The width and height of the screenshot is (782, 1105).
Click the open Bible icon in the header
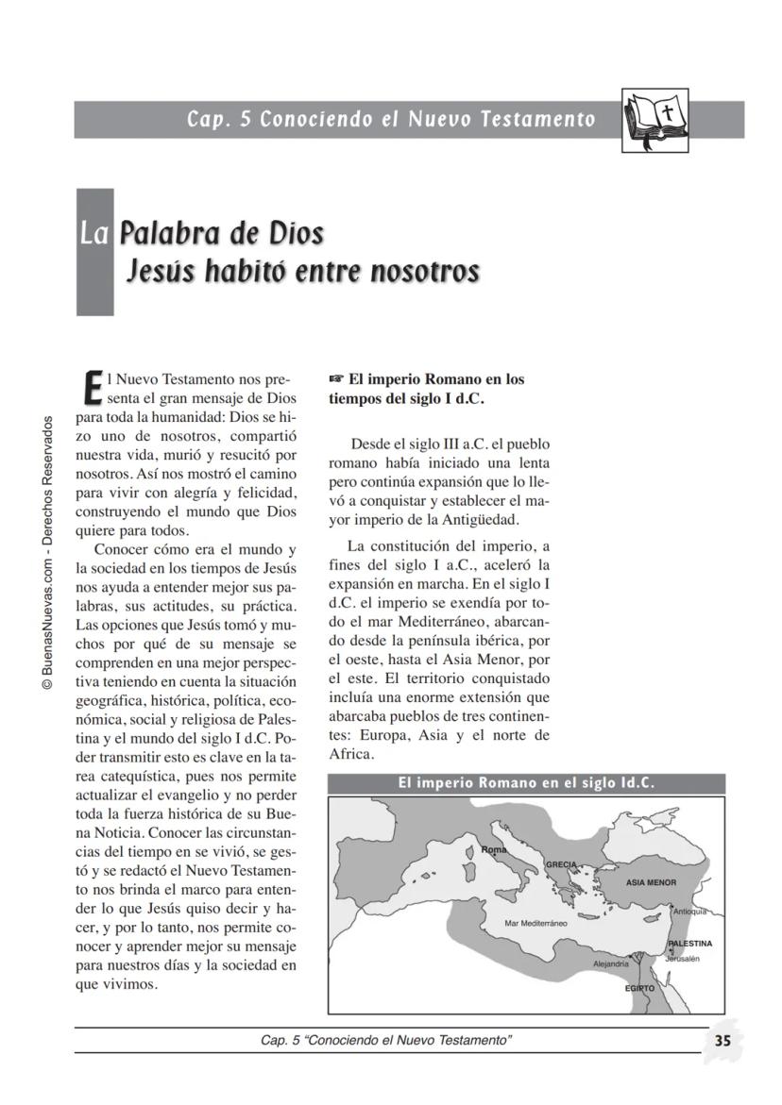[654, 121]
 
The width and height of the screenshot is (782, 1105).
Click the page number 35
[722, 1041]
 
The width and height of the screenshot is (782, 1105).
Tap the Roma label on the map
[494, 850]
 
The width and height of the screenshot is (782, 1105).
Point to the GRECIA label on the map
[561, 864]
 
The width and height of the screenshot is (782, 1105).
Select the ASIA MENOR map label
[652, 882]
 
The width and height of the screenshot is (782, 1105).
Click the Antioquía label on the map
[689, 912]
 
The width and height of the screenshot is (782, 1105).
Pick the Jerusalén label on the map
[682, 958]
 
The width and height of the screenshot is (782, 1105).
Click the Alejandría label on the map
[610, 963]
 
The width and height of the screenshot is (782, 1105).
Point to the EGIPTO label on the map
[639, 989]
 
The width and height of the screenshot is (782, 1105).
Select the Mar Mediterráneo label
[535, 923]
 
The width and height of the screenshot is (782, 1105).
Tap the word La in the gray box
[95, 233]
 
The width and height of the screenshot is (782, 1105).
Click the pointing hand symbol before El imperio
[336, 379]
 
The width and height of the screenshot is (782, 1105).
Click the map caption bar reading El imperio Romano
[526, 783]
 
